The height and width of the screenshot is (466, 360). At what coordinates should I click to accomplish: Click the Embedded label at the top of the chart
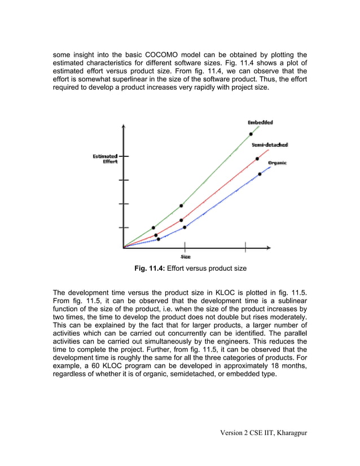(260, 122)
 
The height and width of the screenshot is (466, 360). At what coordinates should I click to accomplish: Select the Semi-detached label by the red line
(270, 145)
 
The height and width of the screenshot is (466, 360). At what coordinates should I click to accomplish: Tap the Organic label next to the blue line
(277, 162)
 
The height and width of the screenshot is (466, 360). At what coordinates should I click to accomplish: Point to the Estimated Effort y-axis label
(106, 159)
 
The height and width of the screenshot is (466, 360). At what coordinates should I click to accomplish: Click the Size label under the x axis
(185, 257)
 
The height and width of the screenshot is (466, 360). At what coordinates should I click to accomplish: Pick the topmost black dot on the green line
(251, 134)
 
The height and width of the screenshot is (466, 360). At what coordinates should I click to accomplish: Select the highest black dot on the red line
(257, 159)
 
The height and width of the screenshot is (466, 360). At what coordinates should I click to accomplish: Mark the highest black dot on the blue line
(260, 174)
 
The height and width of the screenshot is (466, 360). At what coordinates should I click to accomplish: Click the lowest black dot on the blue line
(158, 239)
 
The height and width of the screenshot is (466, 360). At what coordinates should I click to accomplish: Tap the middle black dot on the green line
(181, 206)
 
